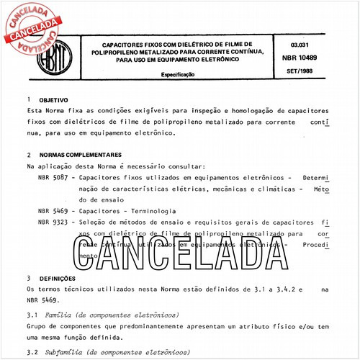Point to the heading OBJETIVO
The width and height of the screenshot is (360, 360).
coord(53,100)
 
